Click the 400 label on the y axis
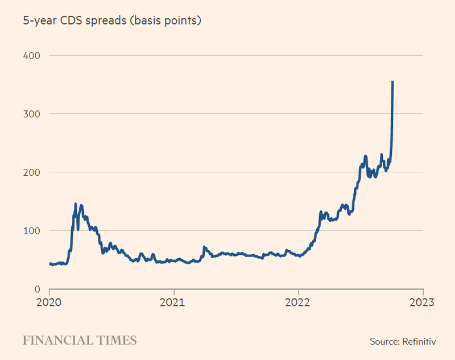pyautogui.click(x=32, y=55)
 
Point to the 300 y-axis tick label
pyautogui.click(x=32, y=114)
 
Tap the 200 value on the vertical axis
pyautogui.click(x=32, y=172)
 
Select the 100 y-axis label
pyautogui.click(x=32, y=230)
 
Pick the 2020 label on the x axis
pyautogui.click(x=49, y=302)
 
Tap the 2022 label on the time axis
pyautogui.click(x=299, y=302)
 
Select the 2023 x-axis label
pyautogui.click(x=423, y=302)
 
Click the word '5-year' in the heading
pyautogui.click(x=39, y=21)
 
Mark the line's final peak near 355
pyautogui.click(x=392, y=82)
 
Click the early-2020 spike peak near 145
pyautogui.click(x=76, y=204)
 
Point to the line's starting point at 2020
pyautogui.click(x=50, y=264)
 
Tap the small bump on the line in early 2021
pyautogui.click(x=204, y=247)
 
